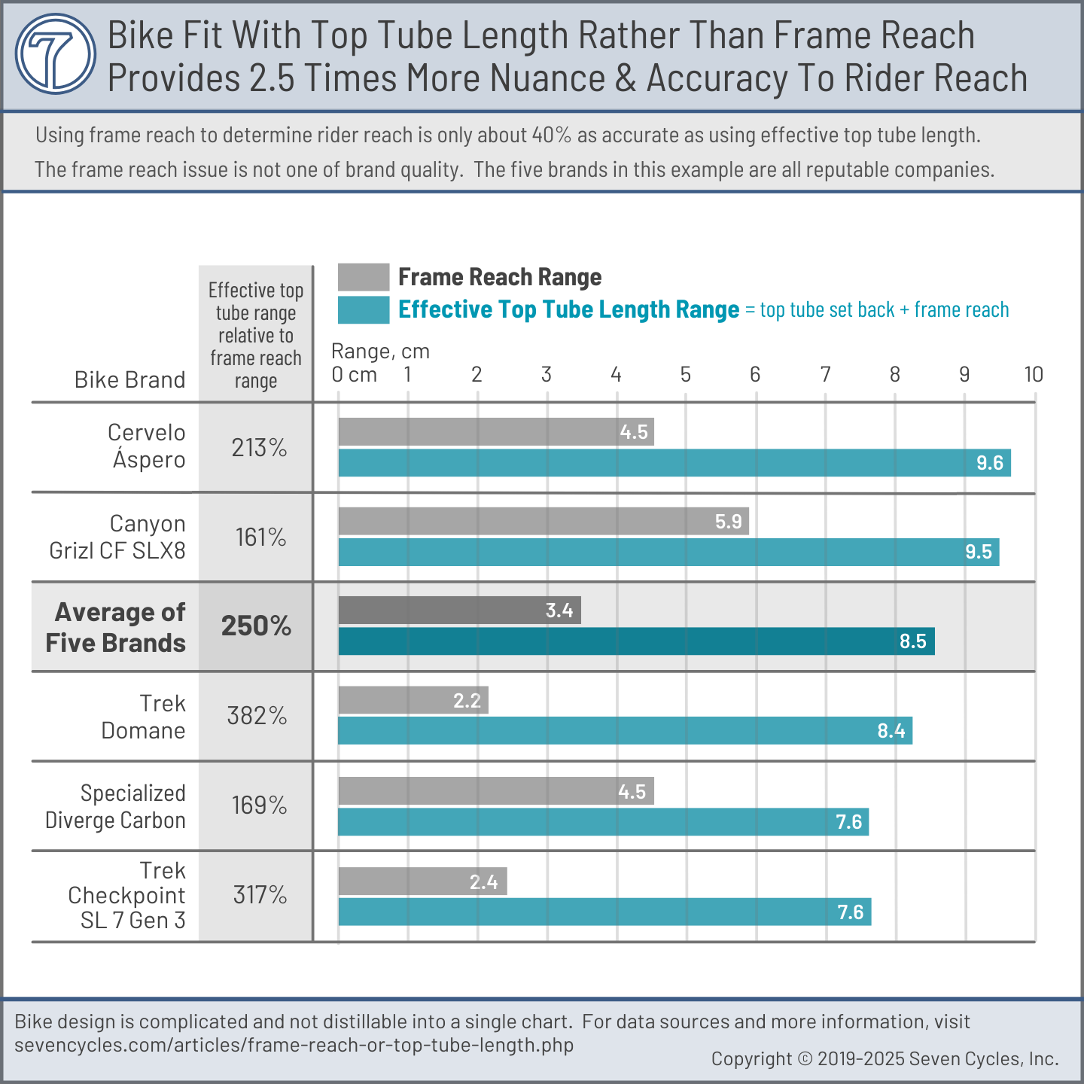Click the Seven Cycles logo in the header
click(x=56, y=54)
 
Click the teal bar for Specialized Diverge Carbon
click(x=603, y=822)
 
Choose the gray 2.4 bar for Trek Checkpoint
click(x=422, y=882)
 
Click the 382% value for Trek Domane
click(x=257, y=716)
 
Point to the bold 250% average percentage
click(x=256, y=626)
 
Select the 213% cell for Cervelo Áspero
click(x=259, y=448)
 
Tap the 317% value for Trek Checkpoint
click(x=260, y=895)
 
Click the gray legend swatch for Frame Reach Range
click(x=363, y=277)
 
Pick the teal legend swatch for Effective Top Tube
click(x=363, y=310)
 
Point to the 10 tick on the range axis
click(x=1033, y=375)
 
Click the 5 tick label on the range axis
click(x=685, y=375)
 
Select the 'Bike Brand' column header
click(x=129, y=380)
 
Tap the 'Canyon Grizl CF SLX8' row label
click(x=118, y=537)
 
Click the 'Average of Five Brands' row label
click(x=116, y=627)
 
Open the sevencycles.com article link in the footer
click(x=294, y=1045)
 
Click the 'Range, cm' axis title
click(x=380, y=352)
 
